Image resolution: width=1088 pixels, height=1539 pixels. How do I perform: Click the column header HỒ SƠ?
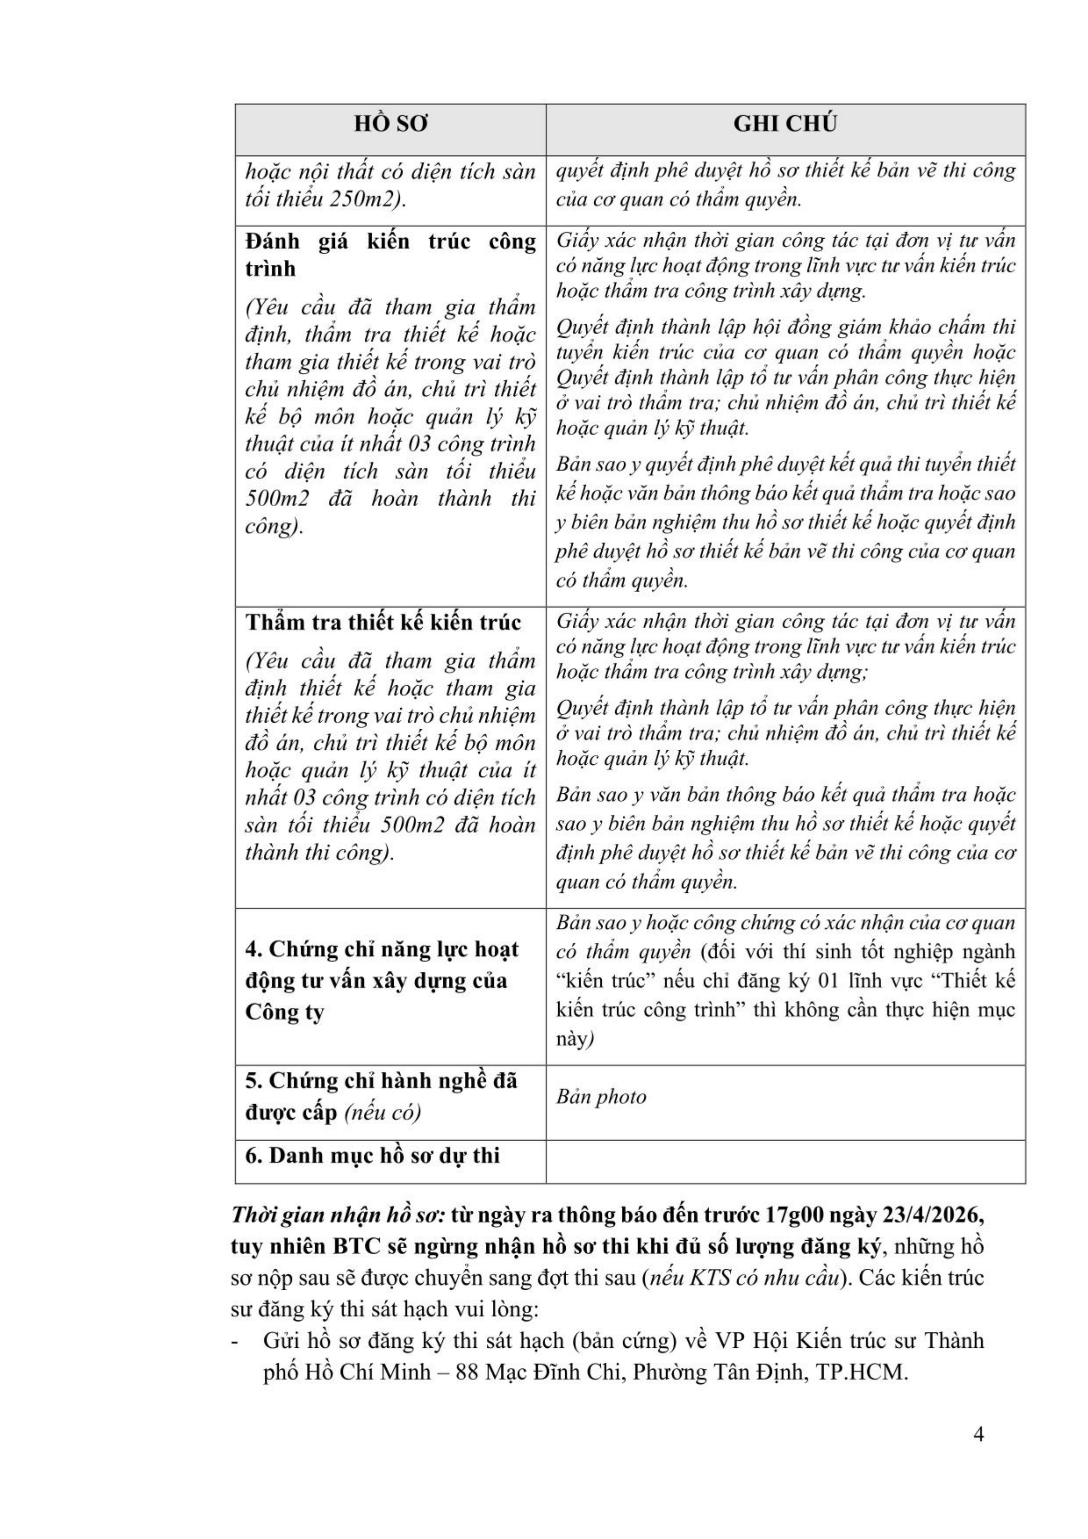pyautogui.click(x=390, y=124)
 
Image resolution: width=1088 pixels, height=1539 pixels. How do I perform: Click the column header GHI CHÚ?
pyautogui.click(x=785, y=124)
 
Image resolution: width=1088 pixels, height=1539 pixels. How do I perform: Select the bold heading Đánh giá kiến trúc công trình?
pyautogui.click(x=390, y=255)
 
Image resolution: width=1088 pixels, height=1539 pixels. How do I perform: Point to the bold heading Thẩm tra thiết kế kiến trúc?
pyautogui.click(x=383, y=622)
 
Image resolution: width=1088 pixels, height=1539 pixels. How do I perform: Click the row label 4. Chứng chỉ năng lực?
pyautogui.click(x=381, y=980)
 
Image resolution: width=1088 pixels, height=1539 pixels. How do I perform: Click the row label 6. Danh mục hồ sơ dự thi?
pyautogui.click(x=372, y=1156)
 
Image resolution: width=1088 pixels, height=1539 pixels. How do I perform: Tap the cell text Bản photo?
pyautogui.click(x=601, y=1097)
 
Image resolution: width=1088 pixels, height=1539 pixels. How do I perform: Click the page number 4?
pyautogui.click(x=978, y=1453)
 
